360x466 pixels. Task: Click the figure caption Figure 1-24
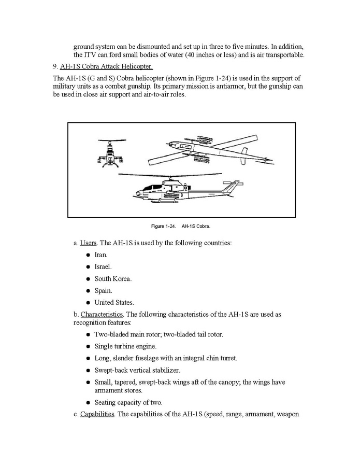181,226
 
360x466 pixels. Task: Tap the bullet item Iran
100,255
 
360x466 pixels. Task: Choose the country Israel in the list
103,267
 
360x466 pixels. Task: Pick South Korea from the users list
112,279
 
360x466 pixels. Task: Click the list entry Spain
103,291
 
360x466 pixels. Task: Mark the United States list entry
114,303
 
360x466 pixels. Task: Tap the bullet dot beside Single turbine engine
89,346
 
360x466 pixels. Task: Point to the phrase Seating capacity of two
128,402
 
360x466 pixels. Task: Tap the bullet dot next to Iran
89,255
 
